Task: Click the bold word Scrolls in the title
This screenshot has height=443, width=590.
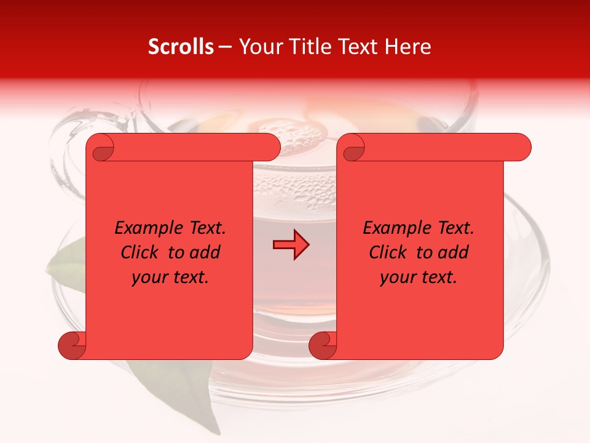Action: tap(181, 47)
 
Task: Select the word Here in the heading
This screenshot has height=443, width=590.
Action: tap(407, 47)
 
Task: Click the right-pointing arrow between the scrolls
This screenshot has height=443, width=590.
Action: tap(291, 245)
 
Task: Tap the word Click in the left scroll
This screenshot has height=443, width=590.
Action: tap(135, 252)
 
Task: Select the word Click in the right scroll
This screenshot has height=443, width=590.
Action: tap(383, 252)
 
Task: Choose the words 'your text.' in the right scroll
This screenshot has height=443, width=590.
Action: tap(419, 277)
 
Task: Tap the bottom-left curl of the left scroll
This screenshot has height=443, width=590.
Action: tap(72, 345)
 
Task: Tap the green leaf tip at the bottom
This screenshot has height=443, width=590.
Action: tap(212, 425)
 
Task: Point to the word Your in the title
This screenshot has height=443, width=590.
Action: tap(260, 47)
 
